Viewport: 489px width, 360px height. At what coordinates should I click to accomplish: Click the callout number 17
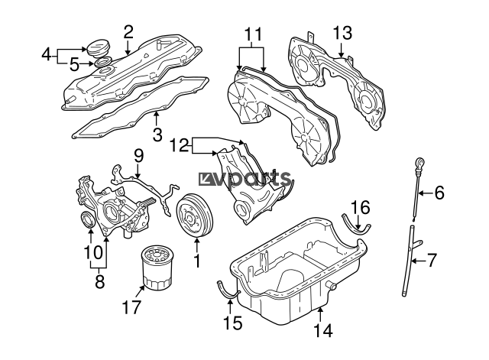point(131,307)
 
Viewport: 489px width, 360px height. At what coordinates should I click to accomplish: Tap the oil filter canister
point(157,267)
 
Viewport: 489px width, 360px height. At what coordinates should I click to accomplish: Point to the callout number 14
point(322,330)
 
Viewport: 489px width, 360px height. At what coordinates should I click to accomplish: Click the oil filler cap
point(98,48)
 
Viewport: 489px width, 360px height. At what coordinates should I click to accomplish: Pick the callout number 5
point(74,64)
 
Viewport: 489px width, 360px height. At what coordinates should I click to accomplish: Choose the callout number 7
point(431,260)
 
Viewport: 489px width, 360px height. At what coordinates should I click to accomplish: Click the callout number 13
point(342,33)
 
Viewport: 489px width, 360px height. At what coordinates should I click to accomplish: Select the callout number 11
point(253,34)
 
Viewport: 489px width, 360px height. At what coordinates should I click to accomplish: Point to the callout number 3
point(157,135)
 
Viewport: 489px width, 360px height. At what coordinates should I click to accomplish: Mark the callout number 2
point(128,32)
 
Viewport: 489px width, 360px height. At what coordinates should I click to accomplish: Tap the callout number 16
point(360,207)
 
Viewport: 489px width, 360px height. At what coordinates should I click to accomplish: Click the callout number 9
point(139,156)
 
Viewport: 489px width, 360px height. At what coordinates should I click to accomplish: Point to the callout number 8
point(99,282)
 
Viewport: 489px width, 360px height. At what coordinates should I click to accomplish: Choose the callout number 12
point(180,145)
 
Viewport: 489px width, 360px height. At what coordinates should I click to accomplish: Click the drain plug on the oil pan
point(331,285)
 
